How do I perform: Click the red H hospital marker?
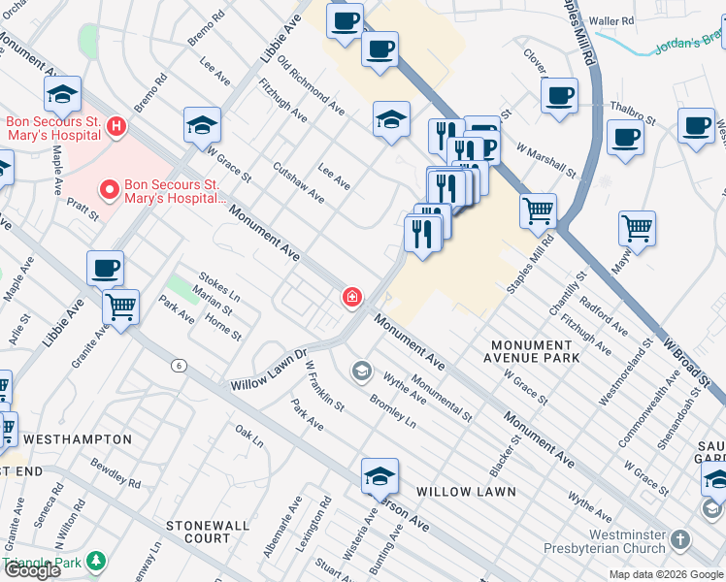(115, 126)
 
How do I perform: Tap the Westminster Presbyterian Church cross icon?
(681, 539)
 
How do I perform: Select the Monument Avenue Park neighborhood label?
(532, 351)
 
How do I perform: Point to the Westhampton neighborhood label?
(77, 439)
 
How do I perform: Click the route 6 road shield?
(179, 366)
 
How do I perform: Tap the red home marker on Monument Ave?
(351, 297)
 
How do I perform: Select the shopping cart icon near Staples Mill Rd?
(538, 210)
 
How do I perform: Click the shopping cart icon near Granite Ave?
(121, 307)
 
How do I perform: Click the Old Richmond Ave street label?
(311, 83)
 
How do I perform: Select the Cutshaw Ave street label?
(298, 181)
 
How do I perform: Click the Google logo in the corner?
(32, 570)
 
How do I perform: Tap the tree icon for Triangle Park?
(96, 561)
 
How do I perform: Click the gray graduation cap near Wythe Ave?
(361, 371)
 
